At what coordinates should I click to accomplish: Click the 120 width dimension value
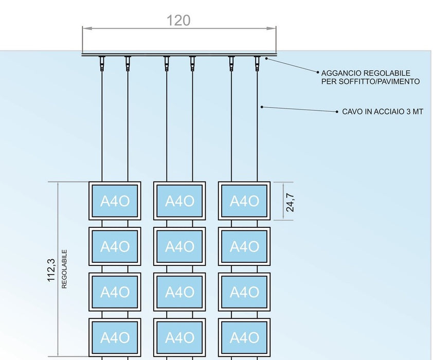178,21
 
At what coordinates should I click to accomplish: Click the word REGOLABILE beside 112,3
65,269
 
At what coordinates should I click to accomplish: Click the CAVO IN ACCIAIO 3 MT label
383,111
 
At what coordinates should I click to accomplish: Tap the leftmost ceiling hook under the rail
102,63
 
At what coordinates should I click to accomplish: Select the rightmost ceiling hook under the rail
257,63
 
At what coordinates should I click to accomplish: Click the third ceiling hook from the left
167,63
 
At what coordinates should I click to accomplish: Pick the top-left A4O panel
115,201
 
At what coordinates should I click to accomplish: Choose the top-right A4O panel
244,201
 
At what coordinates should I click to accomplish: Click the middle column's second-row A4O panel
179,246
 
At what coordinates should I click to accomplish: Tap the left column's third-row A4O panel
115,292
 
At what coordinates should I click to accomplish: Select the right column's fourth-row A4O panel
244,337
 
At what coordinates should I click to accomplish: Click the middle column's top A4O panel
179,201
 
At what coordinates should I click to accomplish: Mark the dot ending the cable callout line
262,107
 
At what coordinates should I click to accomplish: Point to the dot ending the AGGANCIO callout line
266,59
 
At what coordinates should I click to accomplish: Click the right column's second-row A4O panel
244,246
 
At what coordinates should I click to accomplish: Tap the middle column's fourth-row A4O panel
179,337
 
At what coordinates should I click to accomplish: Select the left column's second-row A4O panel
115,246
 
